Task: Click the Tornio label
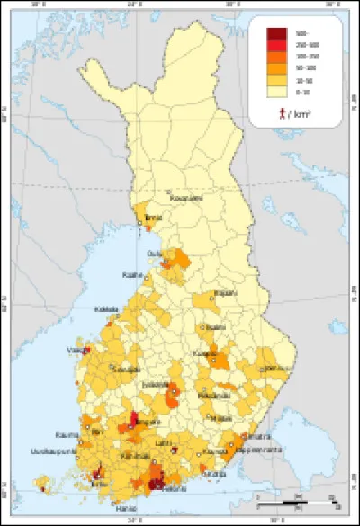click(155, 217)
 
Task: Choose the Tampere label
click(144, 422)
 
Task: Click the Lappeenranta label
click(261, 444)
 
